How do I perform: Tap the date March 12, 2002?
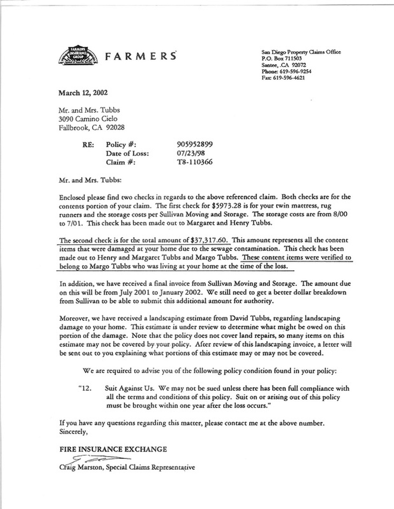83,93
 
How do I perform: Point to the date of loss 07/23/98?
191,153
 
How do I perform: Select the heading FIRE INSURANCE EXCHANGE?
113,450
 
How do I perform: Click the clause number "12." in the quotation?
84,389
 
